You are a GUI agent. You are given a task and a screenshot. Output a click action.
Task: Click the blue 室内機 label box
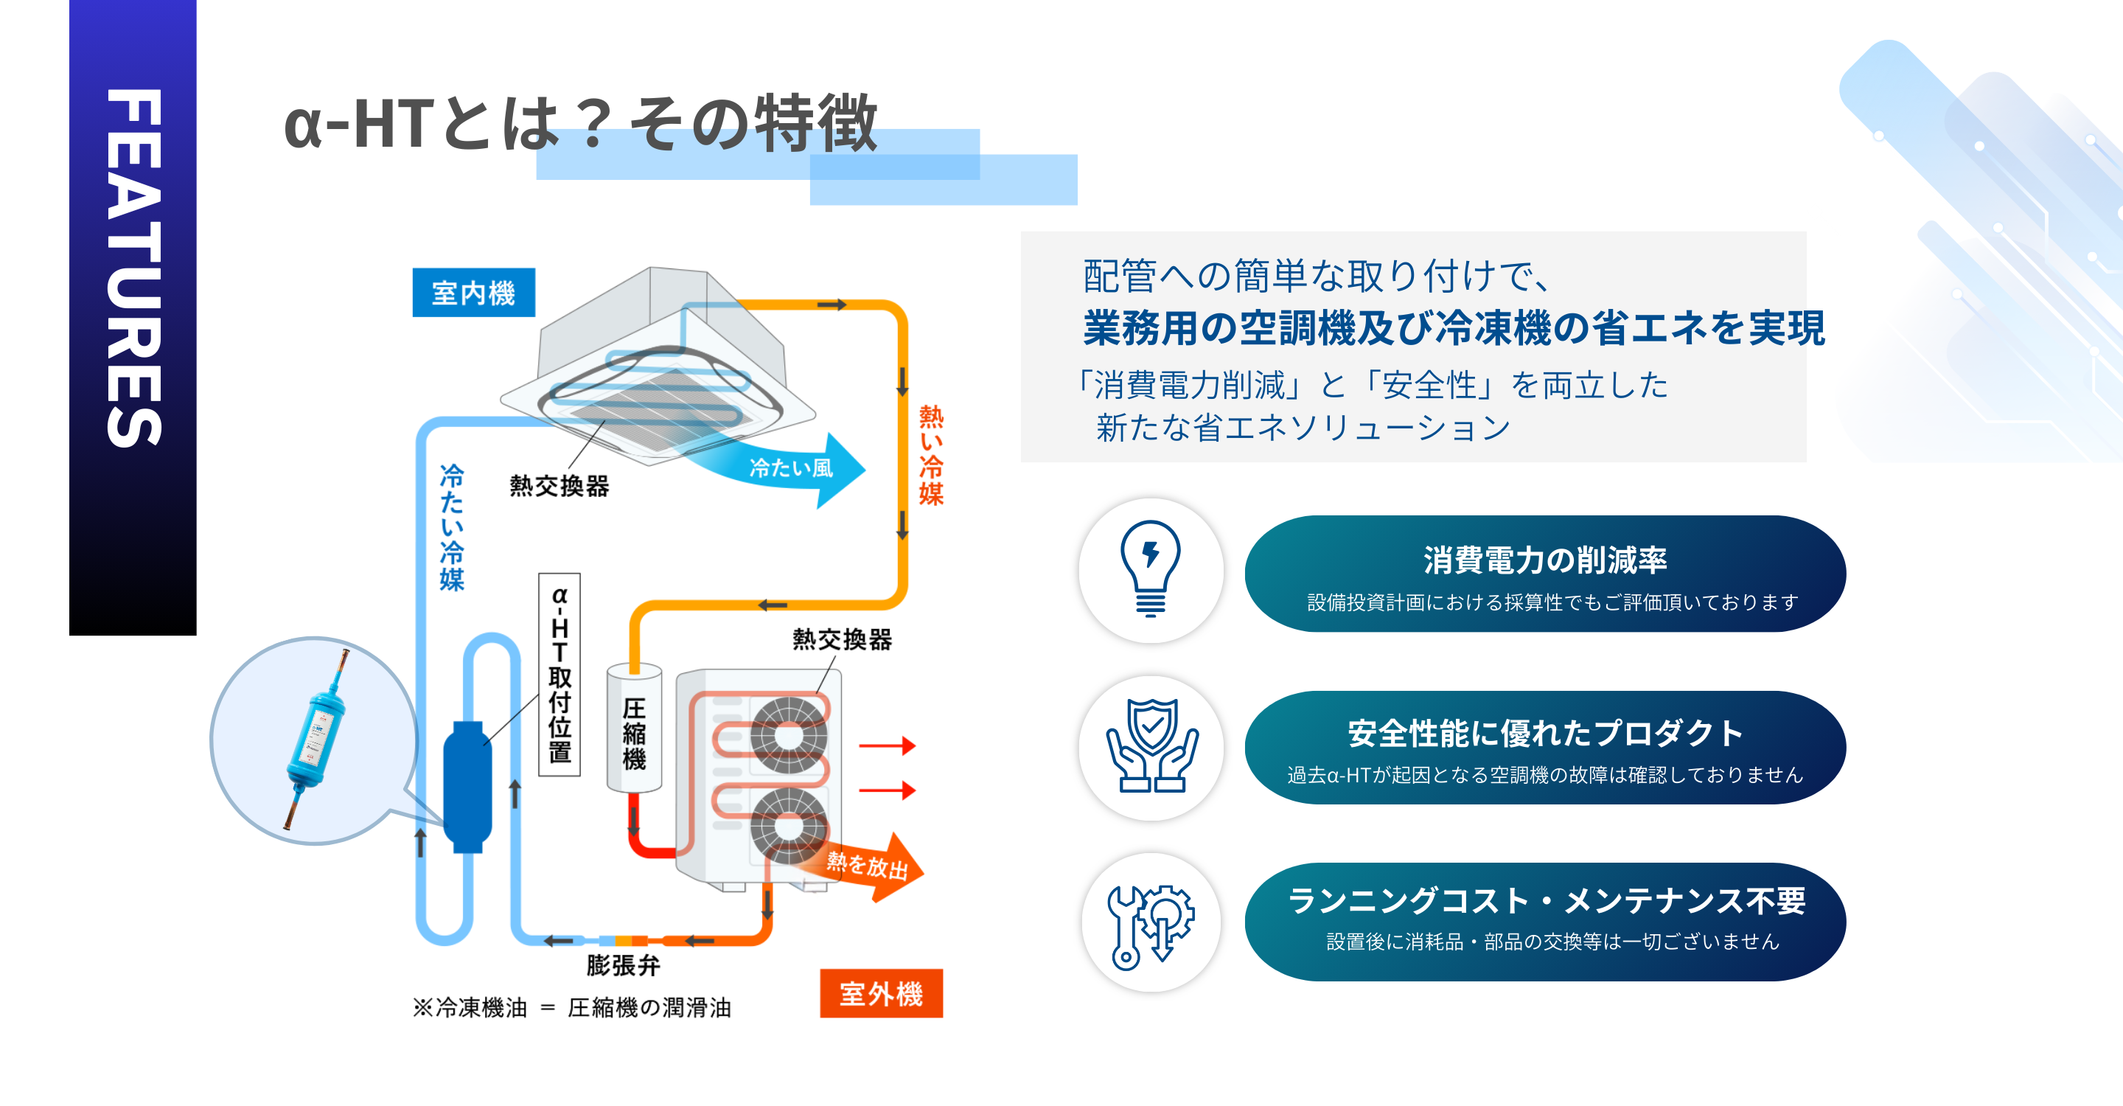pos(473,293)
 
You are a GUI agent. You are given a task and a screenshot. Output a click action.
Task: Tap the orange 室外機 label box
pos(881,993)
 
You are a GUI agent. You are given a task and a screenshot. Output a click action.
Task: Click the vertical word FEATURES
pos(133,268)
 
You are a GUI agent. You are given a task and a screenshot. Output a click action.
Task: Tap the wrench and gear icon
pos(1151,924)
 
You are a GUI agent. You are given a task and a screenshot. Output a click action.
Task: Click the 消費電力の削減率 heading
pos(1544,560)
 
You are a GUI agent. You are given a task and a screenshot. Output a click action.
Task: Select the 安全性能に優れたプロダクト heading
pos(1544,733)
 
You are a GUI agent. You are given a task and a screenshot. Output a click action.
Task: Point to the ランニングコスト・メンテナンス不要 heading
pos(1545,900)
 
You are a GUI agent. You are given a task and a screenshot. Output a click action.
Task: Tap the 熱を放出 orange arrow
pos(870,866)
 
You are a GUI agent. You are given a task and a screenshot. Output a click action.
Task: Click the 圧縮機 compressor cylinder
pos(634,729)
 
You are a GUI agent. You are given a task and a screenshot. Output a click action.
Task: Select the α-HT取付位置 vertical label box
pos(559,674)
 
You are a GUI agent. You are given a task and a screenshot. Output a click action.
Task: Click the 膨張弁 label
pos(623,965)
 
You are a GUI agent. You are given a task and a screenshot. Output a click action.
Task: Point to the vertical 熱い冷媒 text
pos(931,454)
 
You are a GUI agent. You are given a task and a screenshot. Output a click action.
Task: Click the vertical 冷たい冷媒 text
pos(452,527)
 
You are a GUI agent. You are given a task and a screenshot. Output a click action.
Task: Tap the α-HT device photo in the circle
pos(316,740)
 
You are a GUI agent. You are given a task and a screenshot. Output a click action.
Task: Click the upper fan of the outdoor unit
pos(788,735)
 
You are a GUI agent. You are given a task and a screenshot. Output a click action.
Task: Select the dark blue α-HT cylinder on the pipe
pos(467,787)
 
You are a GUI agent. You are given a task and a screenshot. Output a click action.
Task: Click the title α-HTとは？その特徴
pos(580,124)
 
